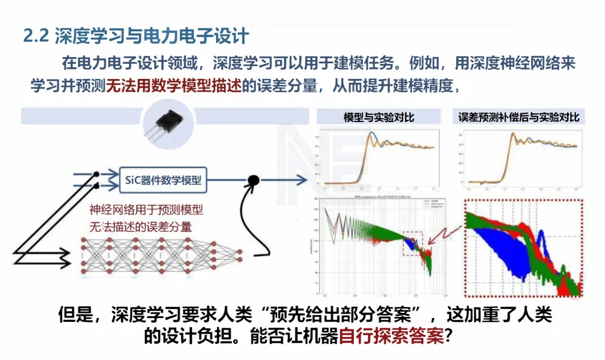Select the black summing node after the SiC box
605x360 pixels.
(254, 180)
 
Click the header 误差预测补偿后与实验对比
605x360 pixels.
(518, 117)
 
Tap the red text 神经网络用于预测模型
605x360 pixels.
(146, 211)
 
